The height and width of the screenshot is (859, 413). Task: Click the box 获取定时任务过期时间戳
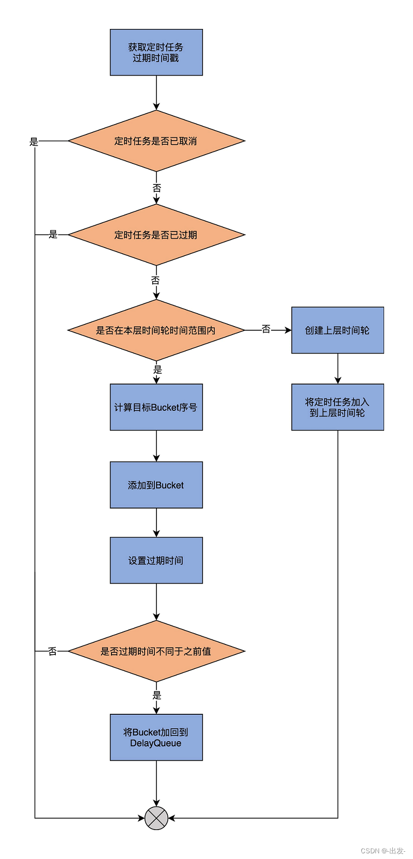pos(156,52)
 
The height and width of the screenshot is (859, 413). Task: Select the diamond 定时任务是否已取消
pos(156,141)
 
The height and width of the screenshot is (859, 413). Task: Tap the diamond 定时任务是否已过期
pos(156,235)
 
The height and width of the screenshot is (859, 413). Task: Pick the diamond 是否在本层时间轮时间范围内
pos(156,330)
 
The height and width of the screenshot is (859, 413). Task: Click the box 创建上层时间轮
pos(337,330)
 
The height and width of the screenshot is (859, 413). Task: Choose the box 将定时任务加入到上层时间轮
pos(337,407)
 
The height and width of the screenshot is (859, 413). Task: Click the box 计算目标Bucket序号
pos(156,407)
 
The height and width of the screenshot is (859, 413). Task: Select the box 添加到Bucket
pos(156,485)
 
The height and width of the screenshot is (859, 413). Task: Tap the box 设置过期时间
pos(156,560)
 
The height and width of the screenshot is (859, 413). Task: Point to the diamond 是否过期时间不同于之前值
pos(156,651)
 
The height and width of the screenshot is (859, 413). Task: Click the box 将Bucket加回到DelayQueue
pos(156,738)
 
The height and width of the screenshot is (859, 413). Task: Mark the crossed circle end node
pos(156,818)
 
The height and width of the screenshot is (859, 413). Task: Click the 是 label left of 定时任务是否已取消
pos(34,142)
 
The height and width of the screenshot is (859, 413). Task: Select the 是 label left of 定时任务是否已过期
pos(53,235)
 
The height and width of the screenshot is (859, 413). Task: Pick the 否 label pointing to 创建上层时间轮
pos(266,329)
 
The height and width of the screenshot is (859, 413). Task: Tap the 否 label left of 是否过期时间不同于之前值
pos(52,651)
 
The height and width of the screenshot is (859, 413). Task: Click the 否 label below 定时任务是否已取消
pos(156,188)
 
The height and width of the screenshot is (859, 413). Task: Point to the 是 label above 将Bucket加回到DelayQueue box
pos(157,695)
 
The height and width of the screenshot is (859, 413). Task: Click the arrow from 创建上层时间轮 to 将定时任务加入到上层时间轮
pos(338,369)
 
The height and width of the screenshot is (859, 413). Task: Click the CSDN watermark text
pos(383,851)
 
